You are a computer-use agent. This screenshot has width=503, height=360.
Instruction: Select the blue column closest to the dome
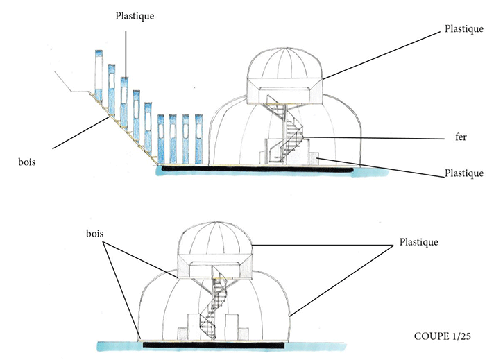pos(198,139)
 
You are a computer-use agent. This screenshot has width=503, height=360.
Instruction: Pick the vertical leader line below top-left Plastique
pos(126,49)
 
